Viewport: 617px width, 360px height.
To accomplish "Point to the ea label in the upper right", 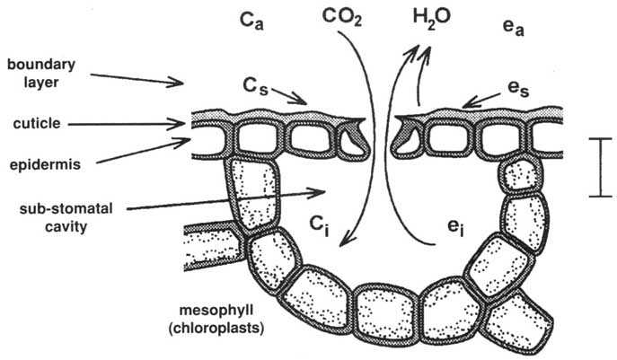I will (513, 19).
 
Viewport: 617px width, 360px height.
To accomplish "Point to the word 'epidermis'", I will (40, 165).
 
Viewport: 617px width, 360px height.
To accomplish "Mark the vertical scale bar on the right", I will (595, 166).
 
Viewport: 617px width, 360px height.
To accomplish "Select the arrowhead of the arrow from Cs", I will (306, 104).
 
